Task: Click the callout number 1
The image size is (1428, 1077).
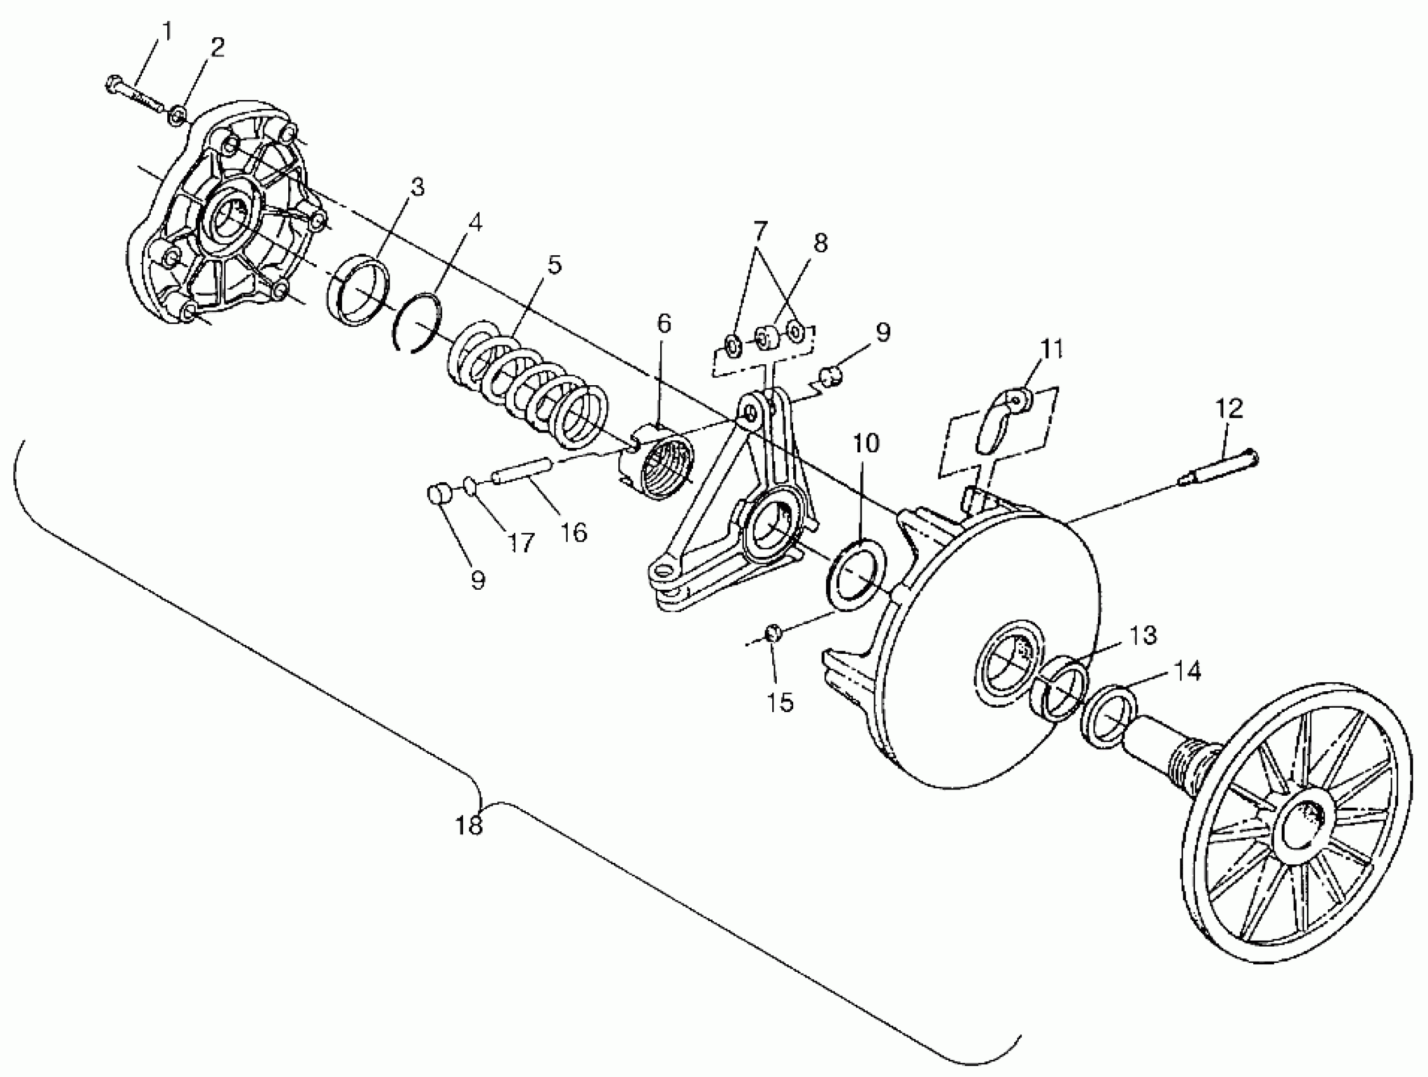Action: point(167,32)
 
